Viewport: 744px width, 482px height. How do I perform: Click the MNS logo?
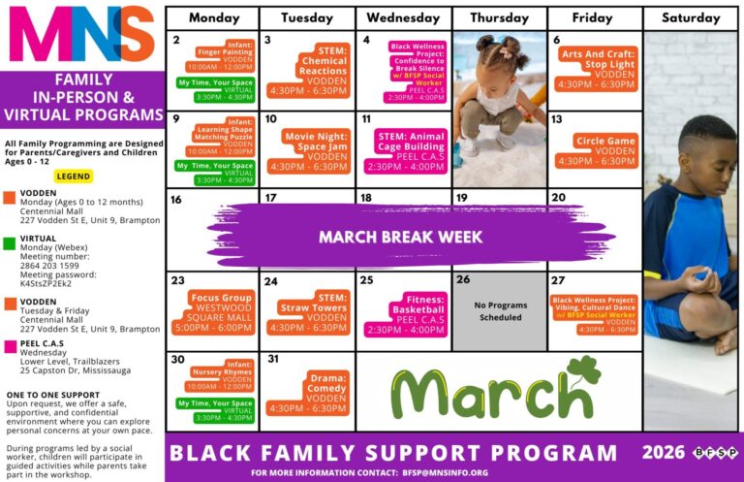81,35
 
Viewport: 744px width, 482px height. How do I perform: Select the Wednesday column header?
403,18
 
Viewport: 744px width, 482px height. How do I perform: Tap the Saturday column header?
691,18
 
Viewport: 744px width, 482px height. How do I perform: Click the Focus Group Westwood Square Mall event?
222,313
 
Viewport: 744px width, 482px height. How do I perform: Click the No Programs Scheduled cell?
500,311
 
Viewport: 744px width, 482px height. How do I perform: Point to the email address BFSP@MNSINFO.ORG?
445,472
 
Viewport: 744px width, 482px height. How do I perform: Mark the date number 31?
272,359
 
